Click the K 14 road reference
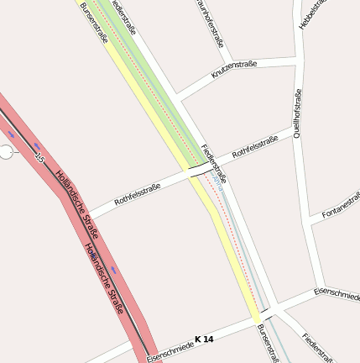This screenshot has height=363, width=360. tap(204, 339)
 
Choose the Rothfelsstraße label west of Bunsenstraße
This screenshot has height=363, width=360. tap(137, 194)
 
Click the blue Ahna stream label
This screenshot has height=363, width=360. tap(217, 178)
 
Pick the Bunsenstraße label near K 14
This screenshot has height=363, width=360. tap(267, 343)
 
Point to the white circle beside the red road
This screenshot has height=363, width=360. tap(7, 151)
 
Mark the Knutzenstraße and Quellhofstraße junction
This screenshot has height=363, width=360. tap(297, 58)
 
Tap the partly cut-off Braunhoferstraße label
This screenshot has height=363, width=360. tap(212, 21)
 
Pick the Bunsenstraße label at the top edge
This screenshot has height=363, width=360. tap(95, 23)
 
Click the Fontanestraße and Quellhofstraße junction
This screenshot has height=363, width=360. tap(310, 220)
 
